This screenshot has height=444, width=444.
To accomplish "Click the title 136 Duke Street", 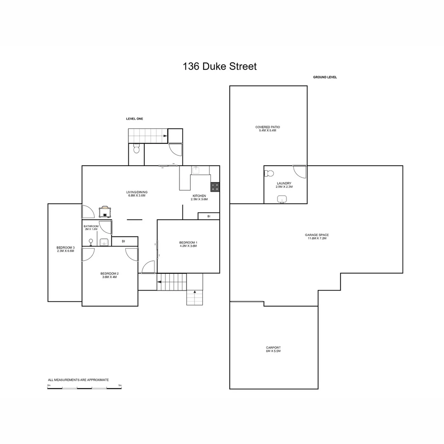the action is click(x=220, y=67).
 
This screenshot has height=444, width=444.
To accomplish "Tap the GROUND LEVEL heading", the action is click(x=325, y=77).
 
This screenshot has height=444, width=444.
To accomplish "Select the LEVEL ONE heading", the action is click(x=134, y=119).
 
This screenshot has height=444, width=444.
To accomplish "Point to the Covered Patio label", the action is click(x=267, y=129).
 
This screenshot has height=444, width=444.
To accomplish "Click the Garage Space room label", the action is click(x=317, y=236).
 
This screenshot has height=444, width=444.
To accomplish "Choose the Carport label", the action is click(x=273, y=349).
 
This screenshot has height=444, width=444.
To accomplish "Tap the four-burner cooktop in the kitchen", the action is click(x=215, y=187).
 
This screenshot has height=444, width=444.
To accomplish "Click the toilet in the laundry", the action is click(x=269, y=173).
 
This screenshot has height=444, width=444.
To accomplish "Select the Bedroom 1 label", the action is click(x=188, y=244).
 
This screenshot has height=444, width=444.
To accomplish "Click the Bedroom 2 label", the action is click(x=109, y=275).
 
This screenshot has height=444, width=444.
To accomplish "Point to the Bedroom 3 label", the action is click(x=65, y=249).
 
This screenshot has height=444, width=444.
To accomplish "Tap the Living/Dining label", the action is click(x=137, y=194).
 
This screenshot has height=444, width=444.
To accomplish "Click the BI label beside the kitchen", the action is click(x=209, y=216).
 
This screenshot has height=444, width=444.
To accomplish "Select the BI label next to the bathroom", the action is click(x=123, y=241).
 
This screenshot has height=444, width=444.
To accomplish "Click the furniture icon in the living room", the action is click(x=105, y=212).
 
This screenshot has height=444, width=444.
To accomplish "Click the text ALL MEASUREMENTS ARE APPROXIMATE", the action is click(x=79, y=380).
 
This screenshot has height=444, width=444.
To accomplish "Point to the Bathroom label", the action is click(x=91, y=227).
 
